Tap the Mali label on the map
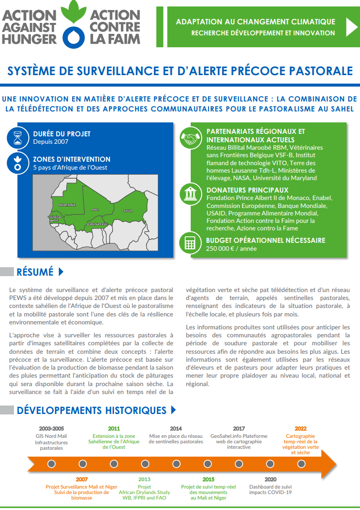coord(95,209)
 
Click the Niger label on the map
coord(128,211)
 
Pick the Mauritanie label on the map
coord(67,204)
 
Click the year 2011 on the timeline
coord(114,428)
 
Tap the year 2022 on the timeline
coord(300,428)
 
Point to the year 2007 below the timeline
coord(82,479)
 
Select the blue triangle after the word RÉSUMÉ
coord(61,272)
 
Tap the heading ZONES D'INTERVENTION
coord(72,159)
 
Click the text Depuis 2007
coord(50,141)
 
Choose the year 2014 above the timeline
coord(176,428)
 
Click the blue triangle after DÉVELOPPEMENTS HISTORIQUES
coord(173,410)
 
